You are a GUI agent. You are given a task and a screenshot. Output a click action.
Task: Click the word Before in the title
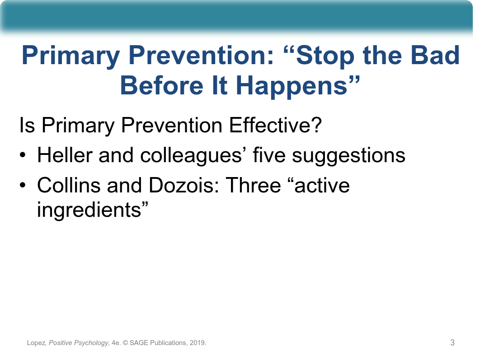point(161,86)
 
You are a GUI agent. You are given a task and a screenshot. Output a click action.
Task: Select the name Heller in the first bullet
point(65,155)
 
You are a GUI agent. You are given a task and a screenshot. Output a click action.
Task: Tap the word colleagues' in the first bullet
point(193,156)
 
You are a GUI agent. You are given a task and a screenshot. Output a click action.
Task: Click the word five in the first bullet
point(269,155)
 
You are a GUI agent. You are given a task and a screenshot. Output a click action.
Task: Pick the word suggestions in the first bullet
point(348,156)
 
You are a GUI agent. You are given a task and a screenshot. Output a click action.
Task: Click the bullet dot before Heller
point(23,155)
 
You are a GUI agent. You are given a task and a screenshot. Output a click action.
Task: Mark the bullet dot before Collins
point(23,185)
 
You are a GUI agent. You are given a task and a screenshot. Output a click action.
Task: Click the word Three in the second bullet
point(253,185)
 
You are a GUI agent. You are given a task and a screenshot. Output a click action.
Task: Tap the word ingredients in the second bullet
point(89,210)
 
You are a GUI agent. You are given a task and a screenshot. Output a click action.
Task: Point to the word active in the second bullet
point(322,186)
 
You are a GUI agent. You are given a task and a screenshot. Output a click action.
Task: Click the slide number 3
point(452,342)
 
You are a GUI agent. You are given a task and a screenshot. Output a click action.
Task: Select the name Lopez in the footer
point(36,343)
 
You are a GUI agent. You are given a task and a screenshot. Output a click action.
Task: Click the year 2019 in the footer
point(197,342)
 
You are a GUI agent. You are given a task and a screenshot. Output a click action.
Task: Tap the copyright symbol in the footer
point(125,343)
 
